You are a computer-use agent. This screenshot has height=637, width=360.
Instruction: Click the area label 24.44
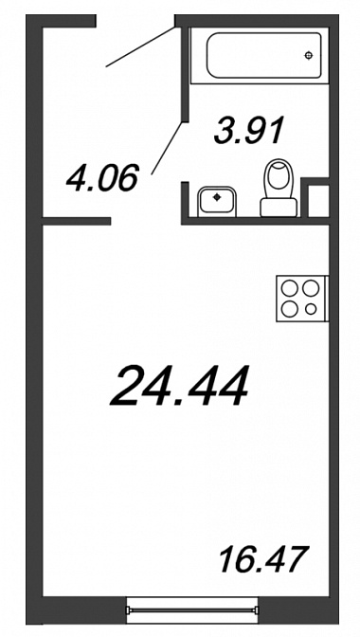coord(179,386)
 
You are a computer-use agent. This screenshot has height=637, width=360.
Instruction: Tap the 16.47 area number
coord(263,559)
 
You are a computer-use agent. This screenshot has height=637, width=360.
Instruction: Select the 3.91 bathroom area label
coord(248,130)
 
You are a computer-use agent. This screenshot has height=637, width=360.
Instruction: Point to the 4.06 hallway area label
coord(102,178)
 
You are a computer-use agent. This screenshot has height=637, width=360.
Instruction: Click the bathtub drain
coord(309,55)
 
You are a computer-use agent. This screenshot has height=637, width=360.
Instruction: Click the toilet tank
coord(279,208)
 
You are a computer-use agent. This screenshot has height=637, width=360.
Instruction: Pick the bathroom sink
coord(217,202)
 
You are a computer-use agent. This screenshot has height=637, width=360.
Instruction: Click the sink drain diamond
coord(217,197)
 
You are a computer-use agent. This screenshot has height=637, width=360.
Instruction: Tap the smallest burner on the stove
coord(311,309)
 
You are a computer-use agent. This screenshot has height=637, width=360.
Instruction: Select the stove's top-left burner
coord(290,288)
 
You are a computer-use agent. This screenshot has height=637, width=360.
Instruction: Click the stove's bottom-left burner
coord(290,309)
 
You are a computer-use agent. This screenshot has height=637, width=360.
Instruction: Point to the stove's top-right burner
coord(311,288)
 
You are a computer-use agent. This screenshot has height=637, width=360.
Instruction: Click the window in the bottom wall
coord(192,610)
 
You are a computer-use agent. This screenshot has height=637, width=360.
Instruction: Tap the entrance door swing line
coord(140,46)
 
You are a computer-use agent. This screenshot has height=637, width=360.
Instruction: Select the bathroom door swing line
coord(167,148)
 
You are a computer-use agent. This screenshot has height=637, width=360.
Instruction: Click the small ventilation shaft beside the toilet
coord(318,201)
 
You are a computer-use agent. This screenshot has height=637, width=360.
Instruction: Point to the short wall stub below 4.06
coord(77,221)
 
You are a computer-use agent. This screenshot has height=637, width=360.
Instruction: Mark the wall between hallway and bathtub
coord(185,74)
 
